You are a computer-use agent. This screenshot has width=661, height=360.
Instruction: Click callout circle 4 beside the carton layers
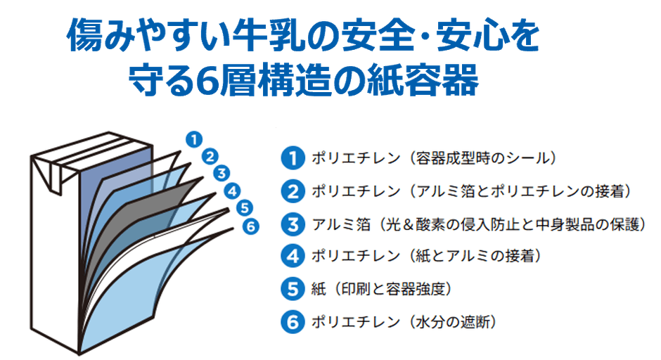(x=233, y=190)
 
